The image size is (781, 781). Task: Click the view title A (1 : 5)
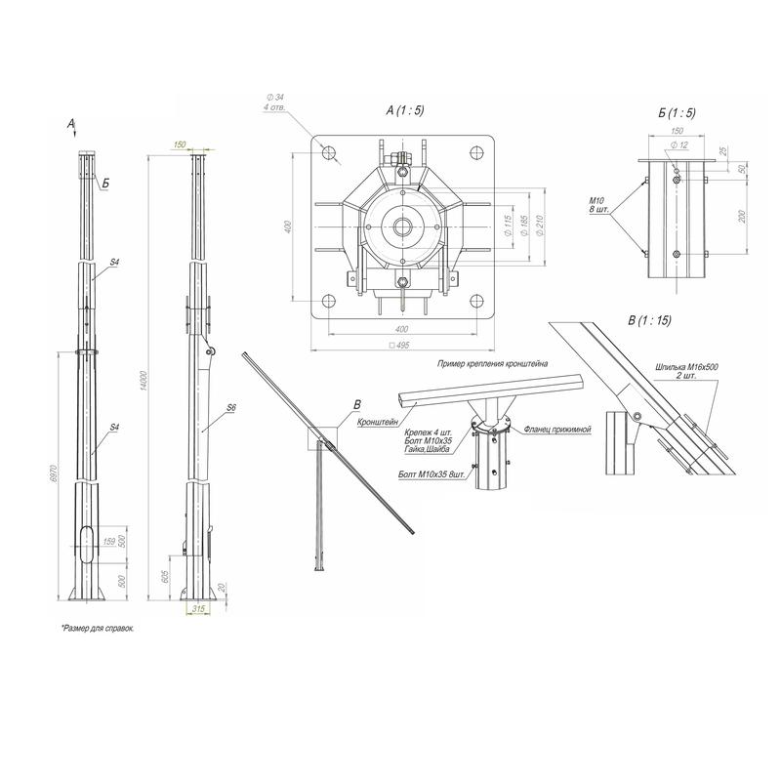[x=404, y=112]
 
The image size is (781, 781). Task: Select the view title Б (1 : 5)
[x=677, y=114]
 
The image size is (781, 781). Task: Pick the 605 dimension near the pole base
[x=167, y=578]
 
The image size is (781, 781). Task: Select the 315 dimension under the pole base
[x=199, y=609]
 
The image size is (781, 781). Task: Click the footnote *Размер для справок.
[x=97, y=629]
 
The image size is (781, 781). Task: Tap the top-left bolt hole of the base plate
[x=327, y=152]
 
